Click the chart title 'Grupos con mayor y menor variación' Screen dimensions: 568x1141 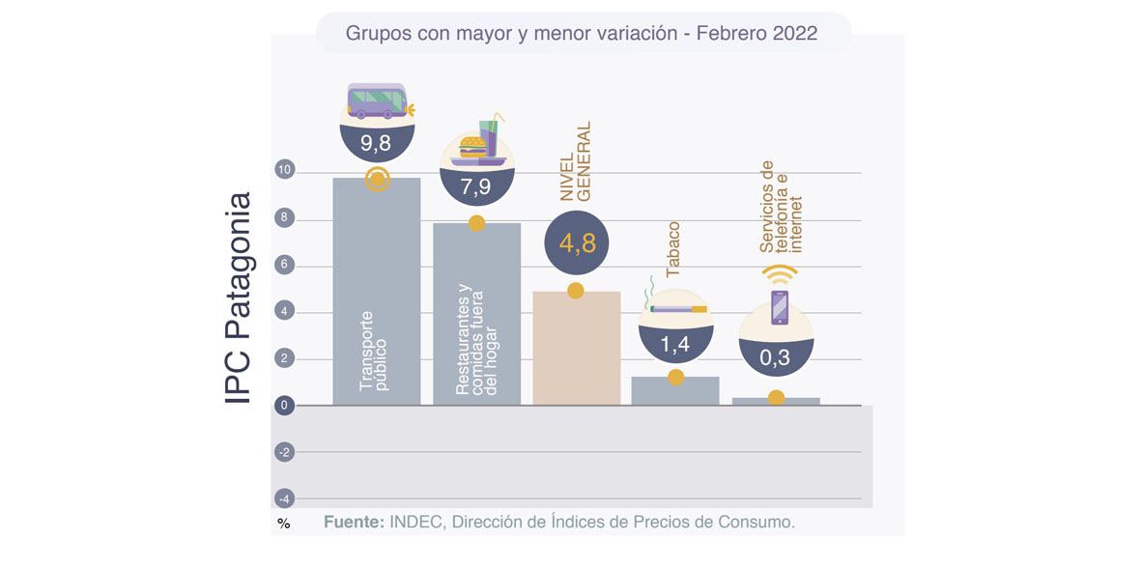(x=582, y=34)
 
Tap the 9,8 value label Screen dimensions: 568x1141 (x=377, y=146)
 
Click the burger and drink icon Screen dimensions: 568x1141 (x=477, y=143)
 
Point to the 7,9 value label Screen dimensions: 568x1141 (x=476, y=187)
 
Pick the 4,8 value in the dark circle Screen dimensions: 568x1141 (x=578, y=243)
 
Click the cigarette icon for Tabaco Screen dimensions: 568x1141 (x=676, y=306)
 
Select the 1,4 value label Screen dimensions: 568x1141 (x=676, y=343)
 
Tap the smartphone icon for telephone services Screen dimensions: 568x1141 (x=779, y=307)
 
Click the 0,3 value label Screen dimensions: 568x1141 (x=775, y=358)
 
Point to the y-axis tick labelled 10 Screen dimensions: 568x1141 (x=284, y=171)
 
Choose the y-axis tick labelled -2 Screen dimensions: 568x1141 (x=284, y=452)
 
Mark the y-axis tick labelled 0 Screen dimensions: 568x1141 (x=284, y=406)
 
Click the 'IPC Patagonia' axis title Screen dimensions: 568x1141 (x=238, y=298)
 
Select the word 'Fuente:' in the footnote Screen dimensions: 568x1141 (x=353, y=522)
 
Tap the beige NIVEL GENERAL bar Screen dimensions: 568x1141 (x=577, y=348)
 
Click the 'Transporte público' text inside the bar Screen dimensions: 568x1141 (x=374, y=351)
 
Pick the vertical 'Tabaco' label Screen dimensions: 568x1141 (x=674, y=249)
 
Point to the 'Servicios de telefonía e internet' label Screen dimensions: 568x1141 (x=782, y=207)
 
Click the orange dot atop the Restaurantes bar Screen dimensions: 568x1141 (x=476, y=223)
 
